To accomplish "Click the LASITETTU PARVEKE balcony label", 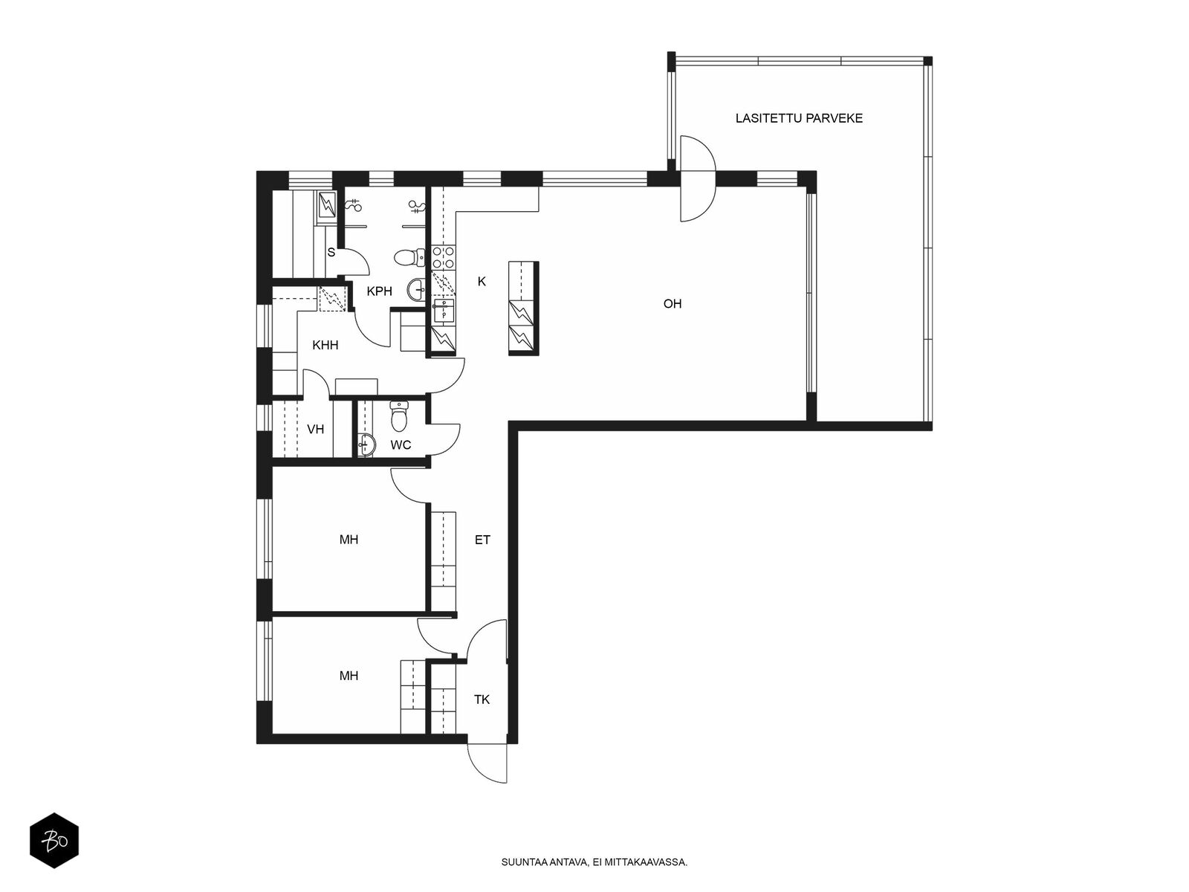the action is click(798, 118).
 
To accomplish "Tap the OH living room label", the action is click(673, 304).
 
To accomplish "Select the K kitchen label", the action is click(482, 282).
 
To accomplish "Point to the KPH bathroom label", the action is click(379, 291).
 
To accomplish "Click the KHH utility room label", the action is click(325, 345).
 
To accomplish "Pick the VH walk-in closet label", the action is click(315, 430).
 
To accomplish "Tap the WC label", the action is click(401, 445).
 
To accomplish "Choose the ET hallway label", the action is click(482, 540).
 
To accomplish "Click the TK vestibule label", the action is click(482, 699).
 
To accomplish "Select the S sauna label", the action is click(331, 253).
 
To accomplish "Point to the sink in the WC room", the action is click(366, 445).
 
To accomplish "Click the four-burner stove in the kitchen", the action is click(444, 257).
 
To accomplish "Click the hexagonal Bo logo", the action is click(54, 841).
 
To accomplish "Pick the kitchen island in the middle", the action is click(524, 308).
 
